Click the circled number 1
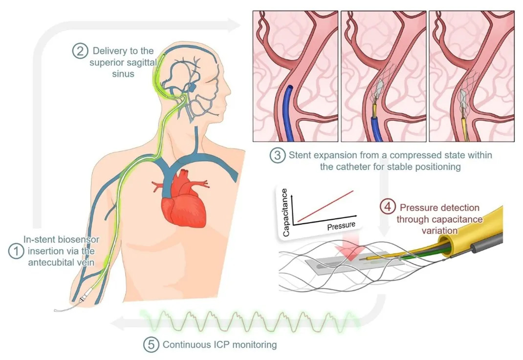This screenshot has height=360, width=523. point(16,251)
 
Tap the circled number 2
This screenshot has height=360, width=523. point(80,51)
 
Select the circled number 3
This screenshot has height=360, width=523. point(278,155)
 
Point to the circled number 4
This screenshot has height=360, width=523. point(388,207)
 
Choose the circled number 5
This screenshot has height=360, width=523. point(151,344)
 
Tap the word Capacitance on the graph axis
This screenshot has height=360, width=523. point(285,212)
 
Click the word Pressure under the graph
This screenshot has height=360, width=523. point(341,226)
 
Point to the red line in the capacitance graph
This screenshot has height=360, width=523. point(325,206)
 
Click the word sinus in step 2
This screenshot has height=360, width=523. point(123,74)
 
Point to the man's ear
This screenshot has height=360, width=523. point(193,87)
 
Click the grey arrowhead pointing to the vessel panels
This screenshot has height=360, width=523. point(234,25)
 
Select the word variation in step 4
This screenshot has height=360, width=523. point(439,231)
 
